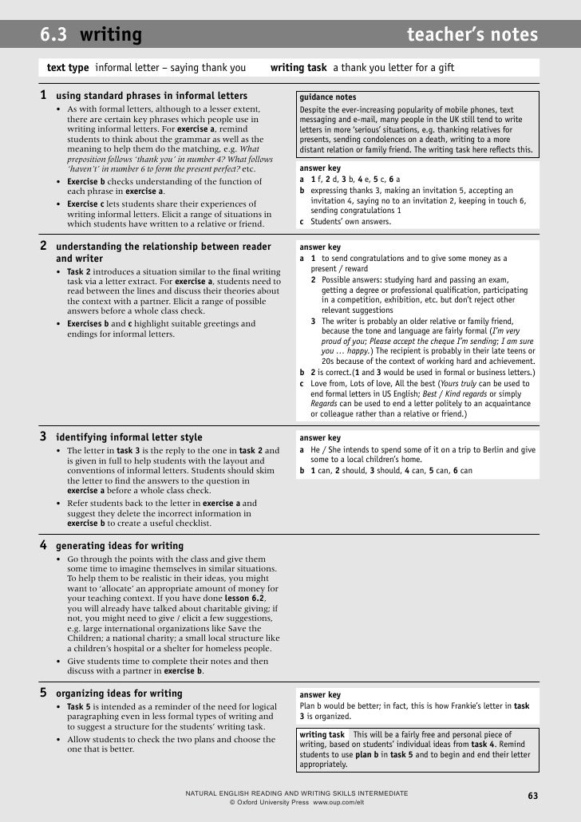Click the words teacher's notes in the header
point(472,35)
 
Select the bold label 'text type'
point(69,68)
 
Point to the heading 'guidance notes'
point(328,97)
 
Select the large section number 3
point(44,437)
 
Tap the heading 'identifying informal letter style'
point(129,437)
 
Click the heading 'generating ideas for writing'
point(120,546)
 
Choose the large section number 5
point(44,693)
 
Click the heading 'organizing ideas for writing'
point(119,694)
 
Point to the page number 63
point(533,796)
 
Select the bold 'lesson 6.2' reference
point(250,598)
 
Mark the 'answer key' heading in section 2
point(319,247)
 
